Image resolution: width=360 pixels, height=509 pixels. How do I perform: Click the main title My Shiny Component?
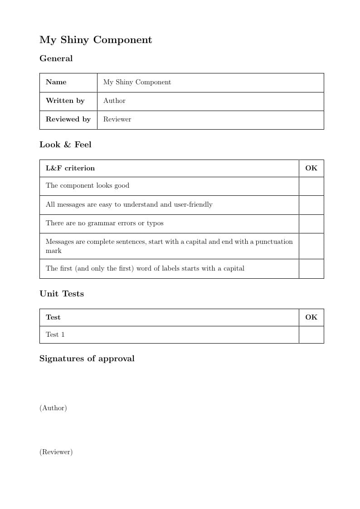point(96,40)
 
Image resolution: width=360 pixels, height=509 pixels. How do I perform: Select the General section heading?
point(56,58)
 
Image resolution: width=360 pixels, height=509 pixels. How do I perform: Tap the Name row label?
point(56,82)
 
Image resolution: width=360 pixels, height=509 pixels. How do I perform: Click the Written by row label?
point(65,101)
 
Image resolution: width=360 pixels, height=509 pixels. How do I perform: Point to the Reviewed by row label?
point(68,119)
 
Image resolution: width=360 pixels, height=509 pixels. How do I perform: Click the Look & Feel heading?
point(65,145)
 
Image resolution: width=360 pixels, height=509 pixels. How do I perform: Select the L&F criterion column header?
point(70,168)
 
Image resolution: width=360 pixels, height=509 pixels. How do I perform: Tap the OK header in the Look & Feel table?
point(311,168)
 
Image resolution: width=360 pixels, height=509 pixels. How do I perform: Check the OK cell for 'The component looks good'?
point(311,186)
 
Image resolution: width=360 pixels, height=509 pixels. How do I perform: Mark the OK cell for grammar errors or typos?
point(311,223)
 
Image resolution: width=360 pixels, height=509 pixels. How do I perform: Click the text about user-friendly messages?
point(129,204)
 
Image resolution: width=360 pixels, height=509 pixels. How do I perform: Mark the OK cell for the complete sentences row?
point(311,246)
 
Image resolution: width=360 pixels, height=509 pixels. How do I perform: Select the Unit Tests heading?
point(62,294)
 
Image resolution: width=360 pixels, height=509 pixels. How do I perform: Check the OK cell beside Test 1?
point(311,334)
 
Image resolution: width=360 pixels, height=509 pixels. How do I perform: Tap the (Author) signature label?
point(53,408)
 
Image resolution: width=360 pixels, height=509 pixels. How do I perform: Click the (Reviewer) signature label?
point(56,452)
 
